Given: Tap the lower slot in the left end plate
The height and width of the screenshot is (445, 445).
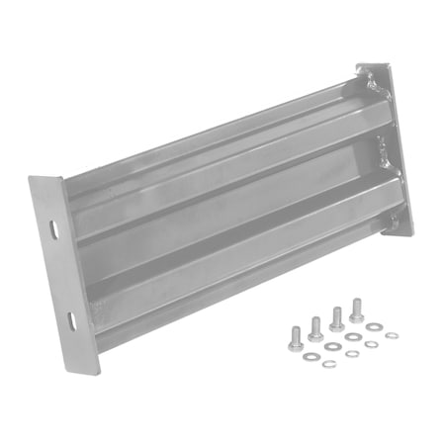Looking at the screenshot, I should [71, 318].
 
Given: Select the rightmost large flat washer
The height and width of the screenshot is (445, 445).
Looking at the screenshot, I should [373, 326].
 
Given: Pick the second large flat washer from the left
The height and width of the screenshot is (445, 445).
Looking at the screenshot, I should [331, 347].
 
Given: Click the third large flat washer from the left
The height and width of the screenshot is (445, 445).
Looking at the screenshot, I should [353, 337].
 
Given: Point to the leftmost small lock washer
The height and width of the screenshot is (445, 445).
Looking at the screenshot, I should [330, 364].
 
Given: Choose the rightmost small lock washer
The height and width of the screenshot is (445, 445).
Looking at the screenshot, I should [393, 336].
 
